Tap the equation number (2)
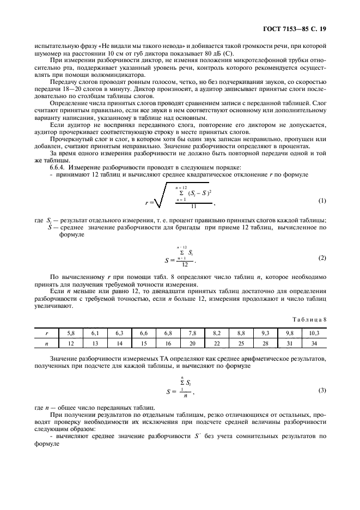(x=322, y=257)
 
